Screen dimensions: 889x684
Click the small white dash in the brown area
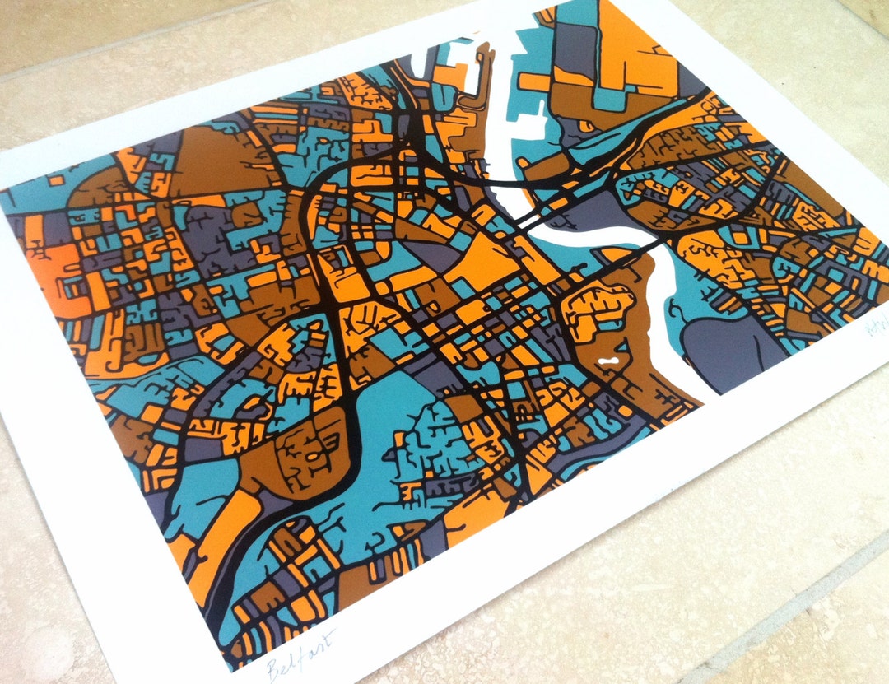608,360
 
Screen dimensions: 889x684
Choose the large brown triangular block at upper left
214,161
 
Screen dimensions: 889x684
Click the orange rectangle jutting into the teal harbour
535,82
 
